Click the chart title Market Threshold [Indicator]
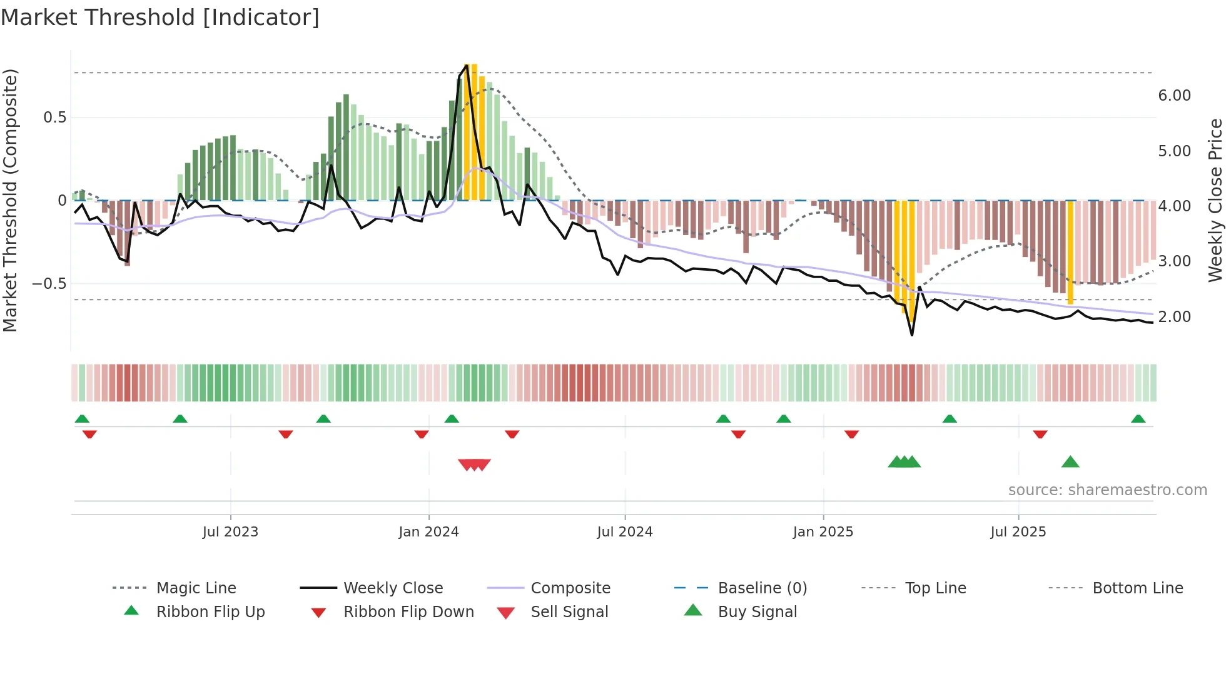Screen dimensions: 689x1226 coord(160,18)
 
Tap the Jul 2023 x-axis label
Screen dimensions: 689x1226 coord(230,532)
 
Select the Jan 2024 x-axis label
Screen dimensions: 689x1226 coord(428,532)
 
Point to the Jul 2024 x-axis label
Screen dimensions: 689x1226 coord(624,532)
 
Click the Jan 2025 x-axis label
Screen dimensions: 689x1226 coord(823,532)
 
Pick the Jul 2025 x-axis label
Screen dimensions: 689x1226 coord(1018,532)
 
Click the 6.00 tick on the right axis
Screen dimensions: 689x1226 coord(1174,96)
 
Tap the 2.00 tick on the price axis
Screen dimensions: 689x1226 coord(1174,317)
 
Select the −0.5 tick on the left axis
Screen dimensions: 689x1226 coord(49,284)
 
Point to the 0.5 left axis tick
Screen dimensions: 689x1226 coord(54,118)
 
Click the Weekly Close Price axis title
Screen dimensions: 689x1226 coord(1215,200)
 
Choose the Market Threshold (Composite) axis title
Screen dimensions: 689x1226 coord(10,200)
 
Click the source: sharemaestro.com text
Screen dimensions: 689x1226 coord(1107,490)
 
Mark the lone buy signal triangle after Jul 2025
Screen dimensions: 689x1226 coord(1070,463)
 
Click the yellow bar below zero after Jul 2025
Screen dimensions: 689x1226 coord(1070,253)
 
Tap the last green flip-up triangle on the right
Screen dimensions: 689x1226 coord(1138,419)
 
